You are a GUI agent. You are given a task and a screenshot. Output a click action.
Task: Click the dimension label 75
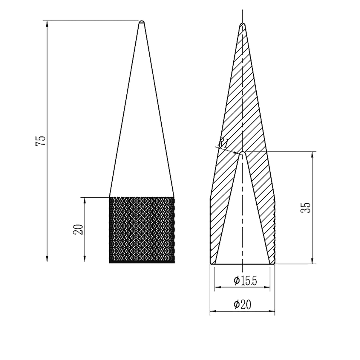(x=41, y=140)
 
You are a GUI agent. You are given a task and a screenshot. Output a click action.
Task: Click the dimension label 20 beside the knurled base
(x=78, y=229)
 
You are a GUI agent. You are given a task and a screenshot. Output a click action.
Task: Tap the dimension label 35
(x=306, y=208)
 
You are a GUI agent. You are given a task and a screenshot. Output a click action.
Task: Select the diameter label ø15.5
(x=245, y=280)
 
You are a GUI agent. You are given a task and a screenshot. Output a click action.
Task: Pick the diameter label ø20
(x=242, y=305)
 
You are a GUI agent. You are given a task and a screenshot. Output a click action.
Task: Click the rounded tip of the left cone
(x=142, y=22)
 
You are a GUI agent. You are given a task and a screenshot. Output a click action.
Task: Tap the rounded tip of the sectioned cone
(x=242, y=24)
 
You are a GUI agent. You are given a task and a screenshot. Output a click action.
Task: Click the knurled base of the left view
(x=141, y=230)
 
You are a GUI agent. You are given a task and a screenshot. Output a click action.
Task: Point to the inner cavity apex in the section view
(x=242, y=153)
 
